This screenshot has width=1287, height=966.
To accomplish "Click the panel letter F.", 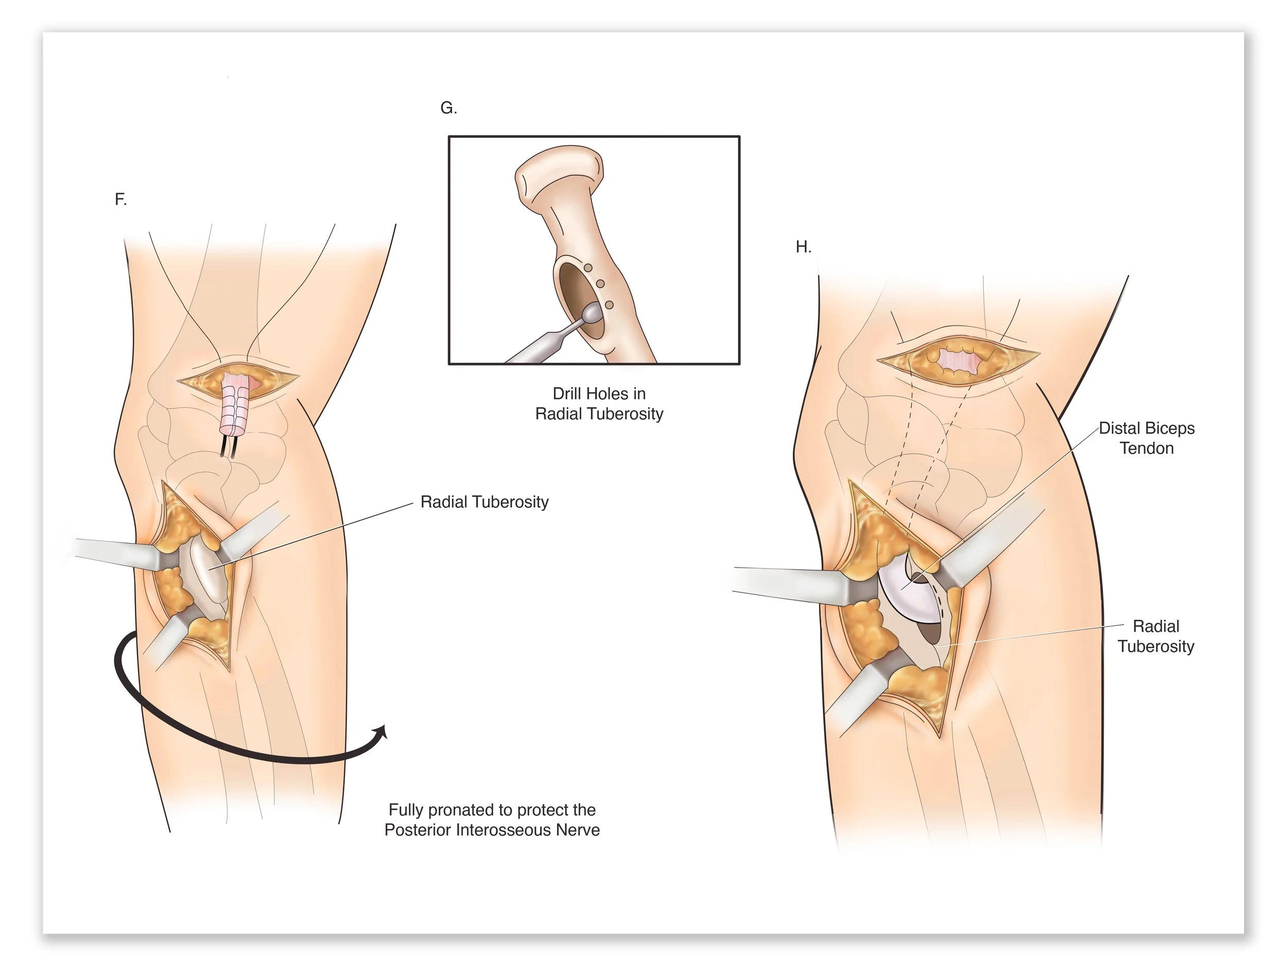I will point(120,200).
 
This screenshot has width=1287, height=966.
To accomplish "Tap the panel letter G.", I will point(448,108).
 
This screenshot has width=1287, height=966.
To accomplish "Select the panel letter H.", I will point(803,247).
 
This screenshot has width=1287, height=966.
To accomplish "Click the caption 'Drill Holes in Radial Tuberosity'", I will point(599,403).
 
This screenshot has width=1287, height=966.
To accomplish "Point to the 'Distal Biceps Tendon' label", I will point(1146,438).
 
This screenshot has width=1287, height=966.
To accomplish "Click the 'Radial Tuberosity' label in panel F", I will point(484,502).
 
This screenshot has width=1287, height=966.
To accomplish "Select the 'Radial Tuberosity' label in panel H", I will point(1156,636).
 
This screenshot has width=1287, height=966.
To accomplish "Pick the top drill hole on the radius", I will point(588,268).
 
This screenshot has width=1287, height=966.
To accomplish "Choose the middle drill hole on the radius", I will point(600,285).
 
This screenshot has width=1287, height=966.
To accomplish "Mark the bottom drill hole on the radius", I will point(609,304).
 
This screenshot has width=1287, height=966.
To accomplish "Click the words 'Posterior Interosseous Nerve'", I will point(492,830).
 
